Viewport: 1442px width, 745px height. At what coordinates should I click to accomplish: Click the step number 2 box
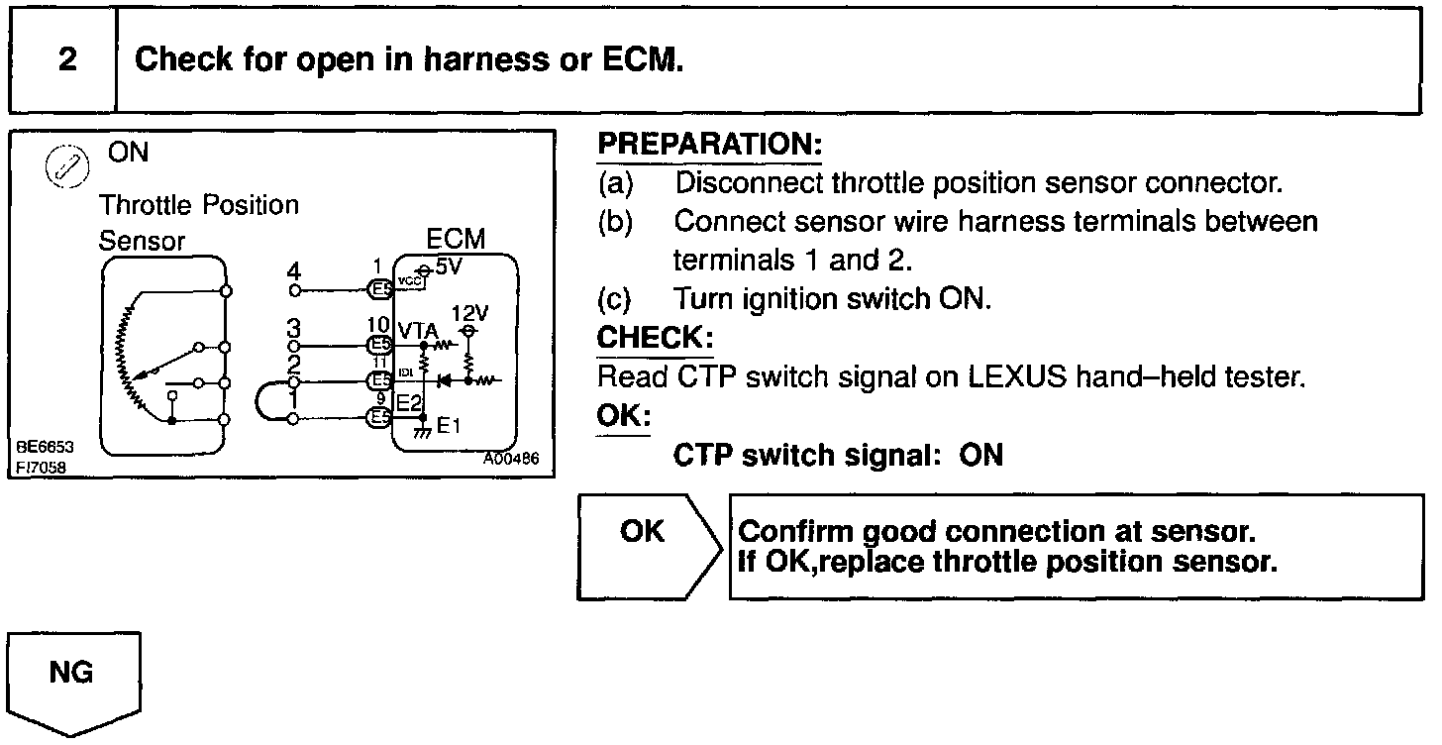tap(66, 60)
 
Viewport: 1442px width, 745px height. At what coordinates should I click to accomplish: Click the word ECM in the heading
tap(642, 59)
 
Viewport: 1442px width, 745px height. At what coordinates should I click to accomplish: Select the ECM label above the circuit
tap(456, 240)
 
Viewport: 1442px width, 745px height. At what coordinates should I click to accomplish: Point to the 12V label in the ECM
tap(469, 313)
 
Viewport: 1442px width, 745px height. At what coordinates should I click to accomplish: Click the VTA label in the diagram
tap(417, 330)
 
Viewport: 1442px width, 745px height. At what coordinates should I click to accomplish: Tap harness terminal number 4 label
tap(292, 271)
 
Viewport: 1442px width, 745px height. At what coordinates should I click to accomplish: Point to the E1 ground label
tap(449, 427)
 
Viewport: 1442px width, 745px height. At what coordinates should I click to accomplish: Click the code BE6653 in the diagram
tap(45, 447)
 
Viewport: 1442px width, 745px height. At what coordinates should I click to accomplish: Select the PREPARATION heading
tap(709, 145)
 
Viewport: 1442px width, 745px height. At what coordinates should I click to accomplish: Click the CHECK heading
tap(654, 337)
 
